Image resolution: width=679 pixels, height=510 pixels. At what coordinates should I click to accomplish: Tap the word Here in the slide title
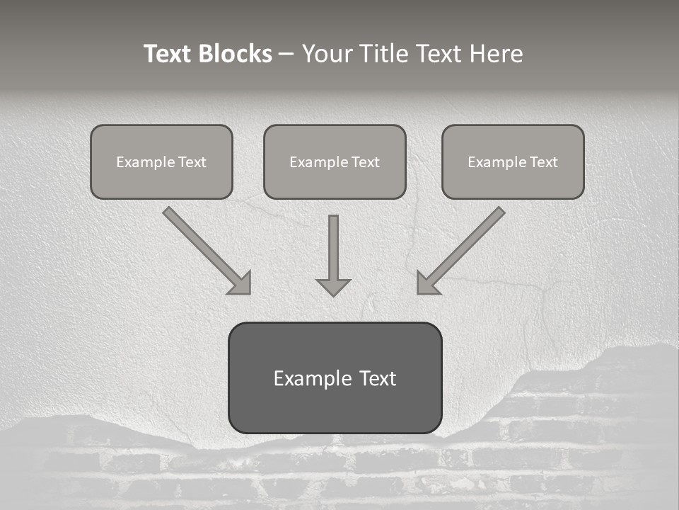[494, 54]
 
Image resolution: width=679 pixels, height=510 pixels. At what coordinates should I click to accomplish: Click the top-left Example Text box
[161, 161]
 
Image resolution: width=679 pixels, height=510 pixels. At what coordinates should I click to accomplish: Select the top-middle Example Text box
[335, 161]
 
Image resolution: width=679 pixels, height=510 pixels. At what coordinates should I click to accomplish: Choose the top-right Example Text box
[513, 161]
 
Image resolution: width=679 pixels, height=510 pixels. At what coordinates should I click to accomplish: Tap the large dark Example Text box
[335, 378]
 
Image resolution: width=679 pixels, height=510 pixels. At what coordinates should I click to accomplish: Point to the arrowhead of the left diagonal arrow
[242, 283]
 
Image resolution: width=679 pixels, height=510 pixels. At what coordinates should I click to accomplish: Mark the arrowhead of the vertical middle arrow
[333, 287]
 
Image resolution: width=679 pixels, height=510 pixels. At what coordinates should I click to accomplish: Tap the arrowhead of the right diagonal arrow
[426, 283]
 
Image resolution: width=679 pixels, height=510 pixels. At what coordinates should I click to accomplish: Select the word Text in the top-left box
[192, 162]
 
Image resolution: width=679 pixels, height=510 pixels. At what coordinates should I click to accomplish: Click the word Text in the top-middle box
[366, 162]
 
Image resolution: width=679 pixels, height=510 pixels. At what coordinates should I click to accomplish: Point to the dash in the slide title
[286, 55]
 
